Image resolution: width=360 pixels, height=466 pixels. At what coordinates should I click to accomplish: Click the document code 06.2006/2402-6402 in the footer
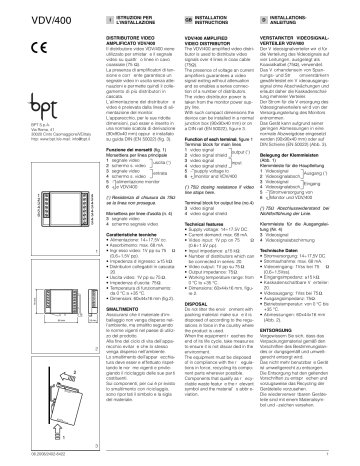pyautogui.click(x=30, y=457)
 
